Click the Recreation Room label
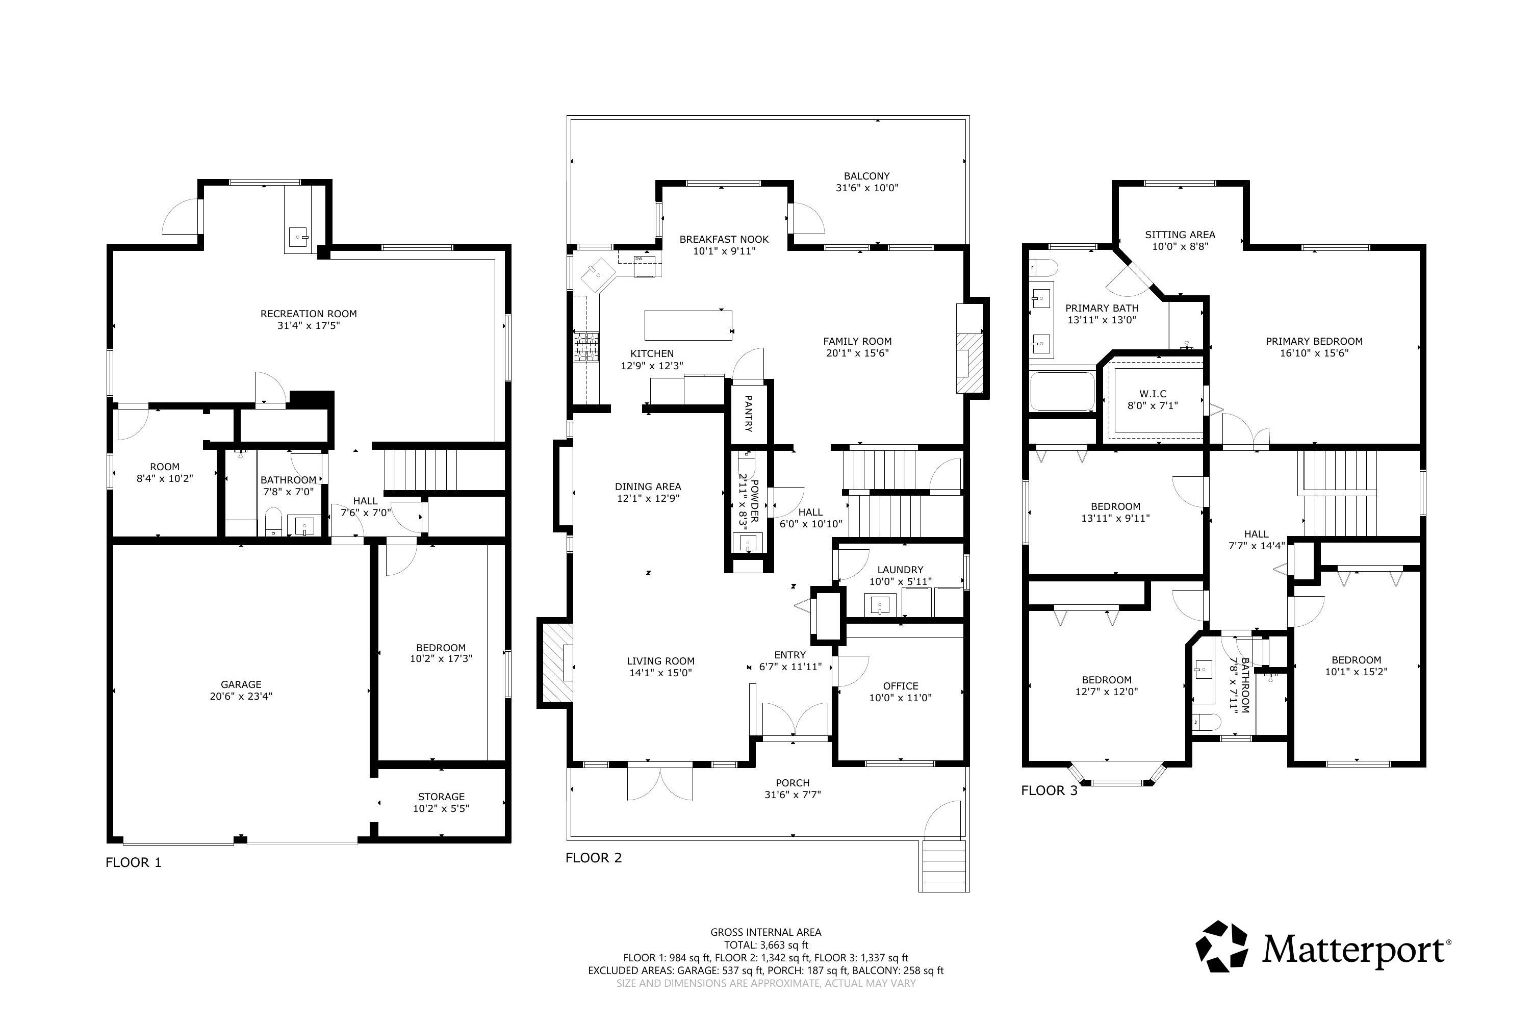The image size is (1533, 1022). pyautogui.click(x=309, y=314)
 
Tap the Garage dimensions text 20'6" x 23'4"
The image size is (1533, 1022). pyautogui.click(x=241, y=696)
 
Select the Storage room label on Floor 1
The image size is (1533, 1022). pyautogui.click(x=441, y=797)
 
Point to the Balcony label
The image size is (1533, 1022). pyautogui.click(x=866, y=176)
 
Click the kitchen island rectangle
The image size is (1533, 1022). pyautogui.click(x=687, y=325)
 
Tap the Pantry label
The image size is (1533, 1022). pyautogui.click(x=748, y=413)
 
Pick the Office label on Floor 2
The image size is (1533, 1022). pyautogui.click(x=900, y=686)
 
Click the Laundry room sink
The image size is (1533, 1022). pyautogui.click(x=880, y=605)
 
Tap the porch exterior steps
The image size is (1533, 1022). pyautogui.click(x=944, y=865)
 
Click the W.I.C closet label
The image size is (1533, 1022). pyautogui.click(x=1153, y=394)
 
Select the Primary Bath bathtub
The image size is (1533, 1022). pyautogui.click(x=1062, y=391)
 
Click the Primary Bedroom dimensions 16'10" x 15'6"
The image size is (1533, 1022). pyautogui.click(x=1314, y=353)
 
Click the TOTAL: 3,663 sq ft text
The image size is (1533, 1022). pyautogui.click(x=766, y=945)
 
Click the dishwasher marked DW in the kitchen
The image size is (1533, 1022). pyautogui.click(x=644, y=266)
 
